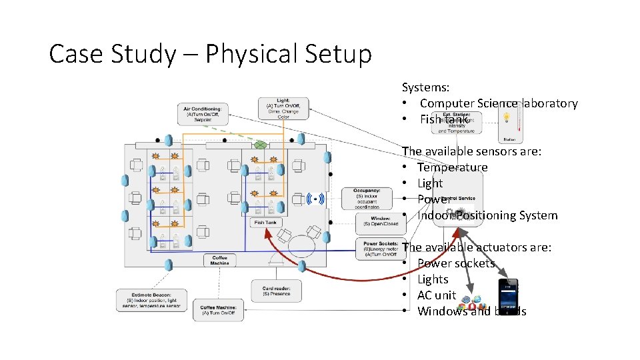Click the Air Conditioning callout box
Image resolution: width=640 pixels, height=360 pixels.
coord(203,113)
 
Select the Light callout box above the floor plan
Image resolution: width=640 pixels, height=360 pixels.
coord(283,108)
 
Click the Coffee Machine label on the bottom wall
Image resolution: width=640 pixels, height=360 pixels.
coord(219,260)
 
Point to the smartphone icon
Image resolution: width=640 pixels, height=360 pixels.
coord(508,295)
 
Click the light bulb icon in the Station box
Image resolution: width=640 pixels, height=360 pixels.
coord(507,117)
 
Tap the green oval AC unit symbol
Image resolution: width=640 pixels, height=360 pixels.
coord(261,145)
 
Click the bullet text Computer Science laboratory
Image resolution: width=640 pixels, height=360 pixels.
coord(498,103)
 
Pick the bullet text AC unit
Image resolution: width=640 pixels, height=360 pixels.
coord(437,295)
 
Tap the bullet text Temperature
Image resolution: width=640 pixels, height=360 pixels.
coord(452,167)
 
